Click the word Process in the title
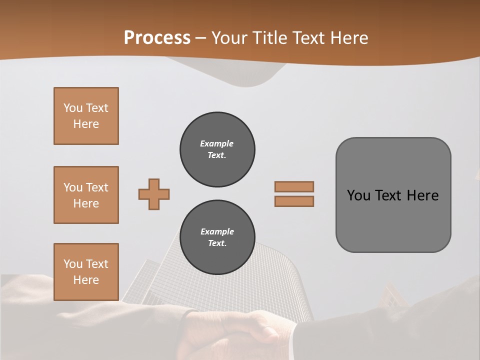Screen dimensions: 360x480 157,38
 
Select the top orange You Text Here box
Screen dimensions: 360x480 86,116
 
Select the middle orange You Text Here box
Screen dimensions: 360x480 86,195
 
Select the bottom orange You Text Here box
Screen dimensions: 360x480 86,272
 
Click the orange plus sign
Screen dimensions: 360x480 154,194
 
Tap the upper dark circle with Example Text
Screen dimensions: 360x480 217,149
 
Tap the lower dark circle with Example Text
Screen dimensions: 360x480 217,237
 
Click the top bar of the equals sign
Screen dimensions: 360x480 294,186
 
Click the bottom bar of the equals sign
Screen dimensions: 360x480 294,201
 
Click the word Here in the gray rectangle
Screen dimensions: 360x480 422,195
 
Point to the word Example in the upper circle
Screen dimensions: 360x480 217,144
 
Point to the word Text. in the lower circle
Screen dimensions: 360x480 217,243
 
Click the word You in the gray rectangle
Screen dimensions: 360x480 358,195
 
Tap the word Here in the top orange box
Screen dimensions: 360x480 86,124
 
